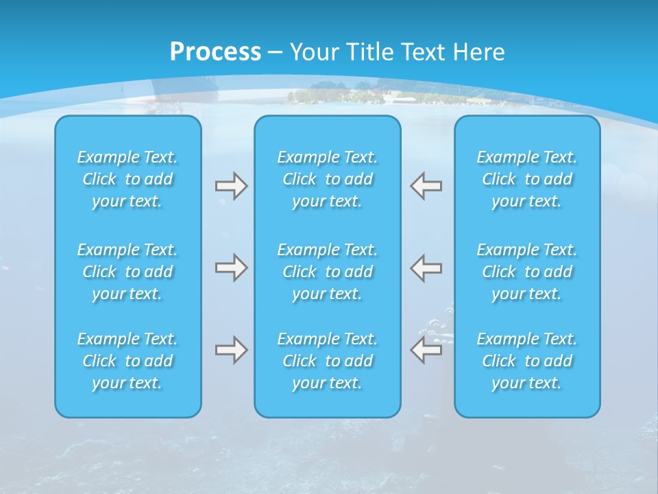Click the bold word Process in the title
215,52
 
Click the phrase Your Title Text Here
397,52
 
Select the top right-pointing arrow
231,186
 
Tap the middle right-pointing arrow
231,268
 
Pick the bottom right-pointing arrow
231,350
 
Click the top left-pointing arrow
426,186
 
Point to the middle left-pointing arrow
426,268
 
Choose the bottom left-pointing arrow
426,350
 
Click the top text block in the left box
127,179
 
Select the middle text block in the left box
127,272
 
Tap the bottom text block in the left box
127,361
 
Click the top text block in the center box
328,179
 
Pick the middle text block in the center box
328,272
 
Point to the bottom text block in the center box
328,361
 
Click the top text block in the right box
527,179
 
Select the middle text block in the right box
527,272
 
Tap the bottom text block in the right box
527,361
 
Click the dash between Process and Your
275,53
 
